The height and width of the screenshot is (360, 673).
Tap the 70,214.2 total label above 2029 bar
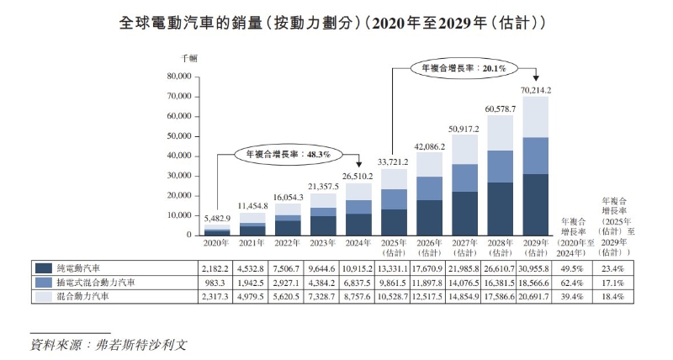click(x=536, y=89)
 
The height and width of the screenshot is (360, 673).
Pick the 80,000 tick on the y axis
click(x=181, y=77)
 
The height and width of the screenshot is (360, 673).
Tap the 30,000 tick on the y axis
click(x=181, y=175)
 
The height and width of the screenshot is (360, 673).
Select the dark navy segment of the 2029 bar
click(x=536, y=204)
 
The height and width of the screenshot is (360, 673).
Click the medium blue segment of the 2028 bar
click(x=501, y=167)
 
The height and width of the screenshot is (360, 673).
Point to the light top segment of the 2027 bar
click(x=465, y=149)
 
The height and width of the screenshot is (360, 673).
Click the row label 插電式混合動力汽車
click(x=99, y=282)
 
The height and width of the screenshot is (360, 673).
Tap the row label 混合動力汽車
click(x=87, y=297)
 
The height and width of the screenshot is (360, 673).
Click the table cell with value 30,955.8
click(x=536, y=267)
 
